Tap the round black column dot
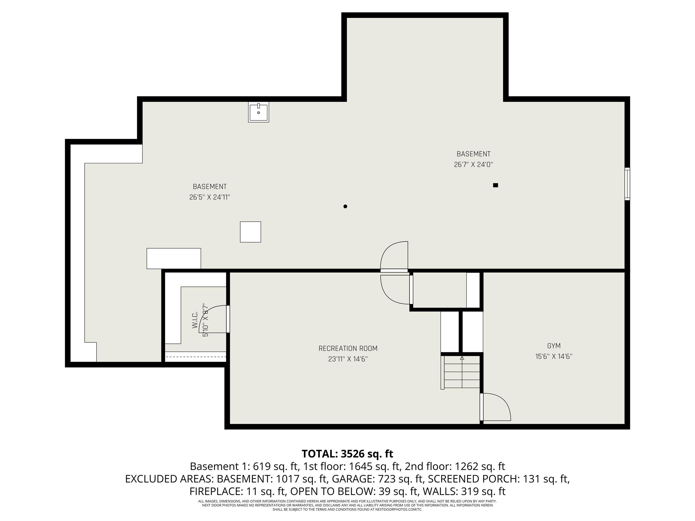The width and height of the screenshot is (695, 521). (x=345, y=206)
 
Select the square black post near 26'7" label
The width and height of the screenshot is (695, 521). (x=495, y=185)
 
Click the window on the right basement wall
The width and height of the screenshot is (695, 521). (x=627, y=184)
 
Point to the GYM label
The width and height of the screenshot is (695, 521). (x=554, y=346)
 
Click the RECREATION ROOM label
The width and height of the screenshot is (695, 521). (x=348, y=348)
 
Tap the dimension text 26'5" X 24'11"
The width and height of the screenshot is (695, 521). (x=209, y=197)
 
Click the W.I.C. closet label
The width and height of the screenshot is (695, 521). (x=195, y=320)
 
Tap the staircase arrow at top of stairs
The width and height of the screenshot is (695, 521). (x=462, y=358)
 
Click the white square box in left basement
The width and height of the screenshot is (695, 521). (x=250, y=232)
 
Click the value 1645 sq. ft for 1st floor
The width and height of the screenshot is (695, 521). (x=374, y=466)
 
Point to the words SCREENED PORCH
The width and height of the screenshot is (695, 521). (x=473, y=479)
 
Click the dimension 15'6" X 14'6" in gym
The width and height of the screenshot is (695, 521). (x=554, y=356)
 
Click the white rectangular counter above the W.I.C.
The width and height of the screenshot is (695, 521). (x=174, y=258)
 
